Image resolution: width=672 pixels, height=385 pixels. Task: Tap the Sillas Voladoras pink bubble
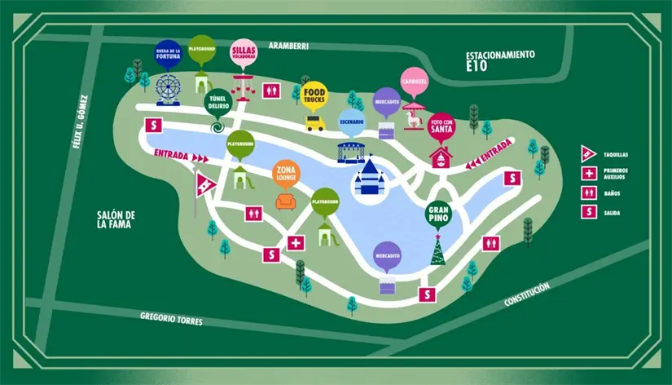coord(244,51)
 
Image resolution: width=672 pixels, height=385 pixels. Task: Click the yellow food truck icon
coord(315,123)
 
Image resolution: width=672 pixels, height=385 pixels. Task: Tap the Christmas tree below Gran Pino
coord(438,250)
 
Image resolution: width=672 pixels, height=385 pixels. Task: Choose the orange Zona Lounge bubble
coord(287,174)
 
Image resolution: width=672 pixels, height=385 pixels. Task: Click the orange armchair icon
coord(287,201)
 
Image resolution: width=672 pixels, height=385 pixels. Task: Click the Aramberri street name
coord(290,46)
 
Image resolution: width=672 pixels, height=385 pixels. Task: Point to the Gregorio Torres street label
coord(171,318)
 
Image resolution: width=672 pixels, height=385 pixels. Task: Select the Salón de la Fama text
coord(113,219)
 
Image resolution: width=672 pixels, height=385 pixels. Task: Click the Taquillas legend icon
coord(589,153)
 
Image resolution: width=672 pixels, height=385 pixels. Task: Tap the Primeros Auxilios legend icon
coord(589,173)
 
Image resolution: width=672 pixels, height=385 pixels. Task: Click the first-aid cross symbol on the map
coord(296,242)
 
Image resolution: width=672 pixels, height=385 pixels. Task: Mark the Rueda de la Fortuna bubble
coord(168,52)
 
